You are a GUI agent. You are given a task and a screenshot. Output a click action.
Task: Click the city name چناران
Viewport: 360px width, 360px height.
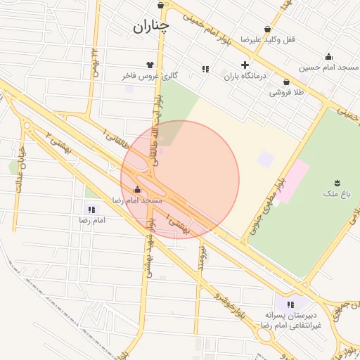pyautogui.click(x=150, y=27)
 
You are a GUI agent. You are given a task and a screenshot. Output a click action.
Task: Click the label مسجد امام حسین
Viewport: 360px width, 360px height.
pyautogui.click(x=328, y=67)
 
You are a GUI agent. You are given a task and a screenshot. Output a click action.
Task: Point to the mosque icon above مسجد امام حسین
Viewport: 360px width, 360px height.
pyautogui.click(x=328, y=57)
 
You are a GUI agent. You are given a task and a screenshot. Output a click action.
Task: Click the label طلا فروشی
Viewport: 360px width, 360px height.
pyautogui.click(x=286, y=92)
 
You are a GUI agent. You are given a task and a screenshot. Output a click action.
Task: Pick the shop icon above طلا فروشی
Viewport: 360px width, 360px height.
pyautogui.click(x=286, y=82)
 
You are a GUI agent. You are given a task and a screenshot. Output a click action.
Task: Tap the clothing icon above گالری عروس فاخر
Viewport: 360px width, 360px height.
pyautogui.click(x=150, y=64)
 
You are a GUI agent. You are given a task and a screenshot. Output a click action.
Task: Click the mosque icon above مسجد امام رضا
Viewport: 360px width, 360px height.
pyautogui.click(x=137, y=190)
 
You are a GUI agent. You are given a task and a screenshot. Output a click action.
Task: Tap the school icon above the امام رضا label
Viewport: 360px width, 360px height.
pyautogui.click(x=91, y=210)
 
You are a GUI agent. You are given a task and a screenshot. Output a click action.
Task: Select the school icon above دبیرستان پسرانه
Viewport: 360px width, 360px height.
pyautogui.click(x=290, y=304)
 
